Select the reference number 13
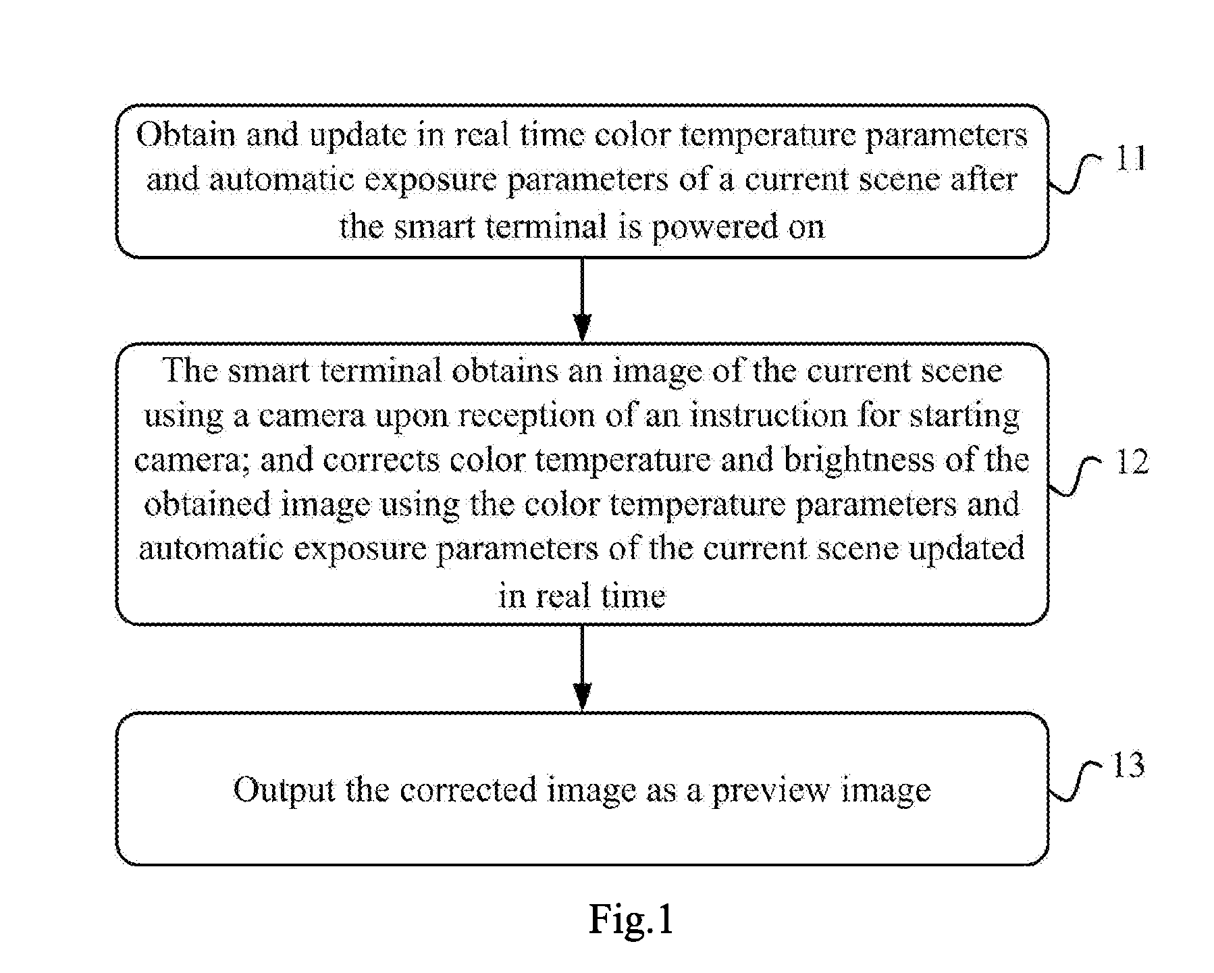point(1128,765)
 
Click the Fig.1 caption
point(631,919)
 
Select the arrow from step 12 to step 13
point(582,668)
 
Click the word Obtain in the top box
point(185,135)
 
